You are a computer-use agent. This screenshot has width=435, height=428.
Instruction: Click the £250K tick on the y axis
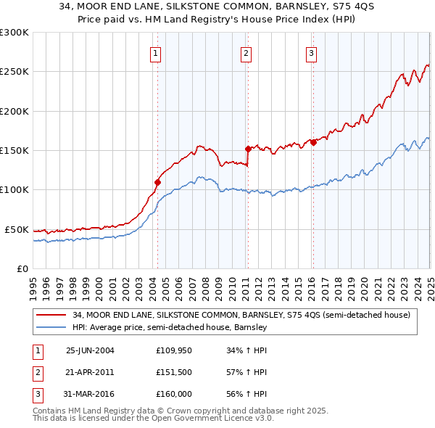[14, 72]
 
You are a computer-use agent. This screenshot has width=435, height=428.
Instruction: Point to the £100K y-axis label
[14, 190]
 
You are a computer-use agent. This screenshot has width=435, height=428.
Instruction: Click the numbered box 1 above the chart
[157, 52]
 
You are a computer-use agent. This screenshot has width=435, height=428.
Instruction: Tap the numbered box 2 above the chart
[246, 52]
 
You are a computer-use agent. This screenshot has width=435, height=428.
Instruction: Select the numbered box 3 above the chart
[311, 52]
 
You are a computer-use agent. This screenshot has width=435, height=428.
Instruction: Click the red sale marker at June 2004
[157, 182]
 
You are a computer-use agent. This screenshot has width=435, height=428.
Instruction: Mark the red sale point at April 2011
[248, 149]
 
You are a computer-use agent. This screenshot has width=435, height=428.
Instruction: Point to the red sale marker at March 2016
[313, 142]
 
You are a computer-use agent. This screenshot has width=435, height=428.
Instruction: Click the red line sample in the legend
[51, 316]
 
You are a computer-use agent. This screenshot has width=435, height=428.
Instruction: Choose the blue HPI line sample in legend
[51, 327]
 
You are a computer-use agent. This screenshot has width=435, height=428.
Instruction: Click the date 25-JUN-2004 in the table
[90, 350]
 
